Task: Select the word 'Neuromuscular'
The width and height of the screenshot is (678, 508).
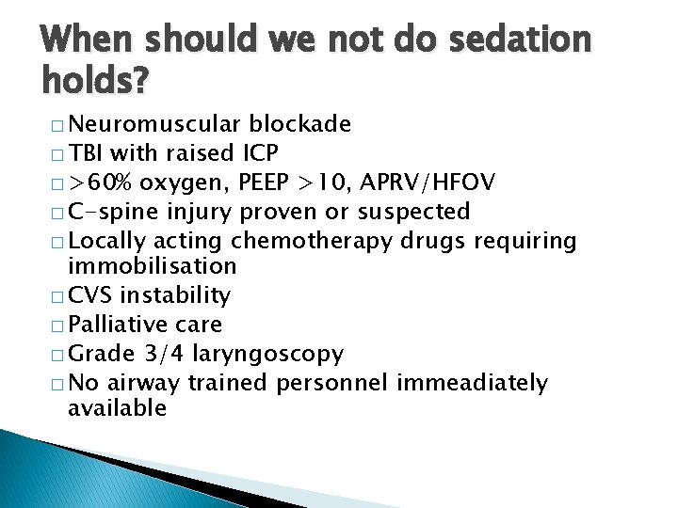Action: (155, 124)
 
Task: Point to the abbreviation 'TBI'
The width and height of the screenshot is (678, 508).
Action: (88, 152)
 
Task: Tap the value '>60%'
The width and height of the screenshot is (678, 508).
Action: (102, 182)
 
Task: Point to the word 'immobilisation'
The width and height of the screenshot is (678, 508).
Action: (152, 266)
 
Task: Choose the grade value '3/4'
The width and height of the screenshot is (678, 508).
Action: (160, 354)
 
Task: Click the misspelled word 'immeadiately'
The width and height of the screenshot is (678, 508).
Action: (472, 383)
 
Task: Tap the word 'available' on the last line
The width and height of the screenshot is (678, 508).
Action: (117, 408)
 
